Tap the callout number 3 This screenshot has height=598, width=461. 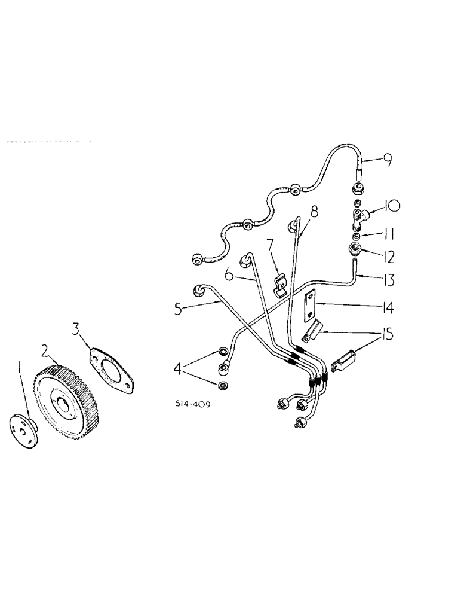[75, 328]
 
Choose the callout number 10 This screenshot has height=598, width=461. [392, 207]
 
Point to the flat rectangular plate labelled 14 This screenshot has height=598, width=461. [310, 306]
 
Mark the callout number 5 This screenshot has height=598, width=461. [177, 310]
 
